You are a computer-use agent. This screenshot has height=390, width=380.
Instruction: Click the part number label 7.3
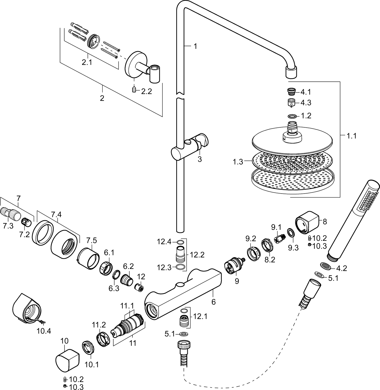(8, 226)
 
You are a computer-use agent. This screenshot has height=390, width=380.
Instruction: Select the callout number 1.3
(238, 162)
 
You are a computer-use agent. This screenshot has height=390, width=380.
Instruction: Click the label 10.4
(44, 331)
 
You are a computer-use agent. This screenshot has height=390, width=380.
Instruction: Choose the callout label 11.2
(99, 325)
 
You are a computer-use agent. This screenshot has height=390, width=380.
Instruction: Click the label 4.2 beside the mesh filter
(341, 268)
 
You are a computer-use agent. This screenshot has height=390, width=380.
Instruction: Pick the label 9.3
(293, 248)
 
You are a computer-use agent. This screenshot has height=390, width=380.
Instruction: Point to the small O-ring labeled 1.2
(292, 116)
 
